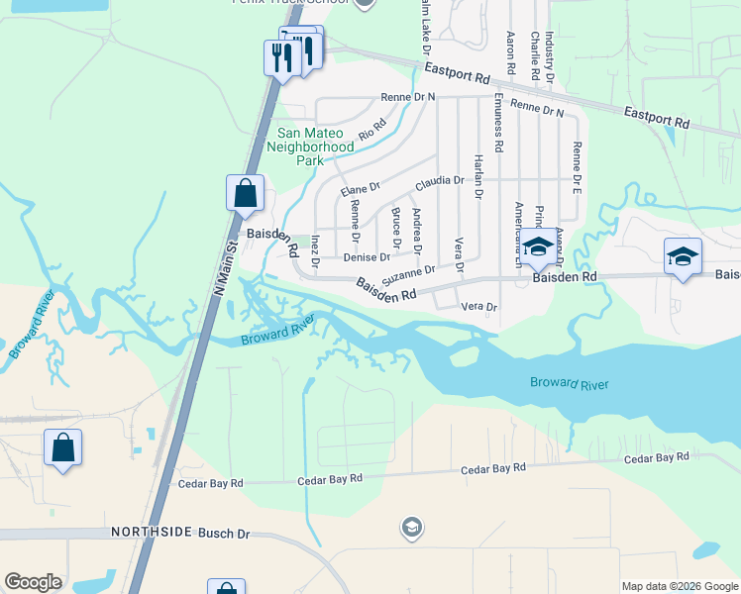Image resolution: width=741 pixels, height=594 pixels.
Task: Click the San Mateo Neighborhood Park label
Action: coord(310,147)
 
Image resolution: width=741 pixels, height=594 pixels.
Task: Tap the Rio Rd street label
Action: coord(372,130)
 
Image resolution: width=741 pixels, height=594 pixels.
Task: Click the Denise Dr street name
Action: coord(367,257)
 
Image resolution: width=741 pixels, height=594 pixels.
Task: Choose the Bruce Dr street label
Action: coord(396,229)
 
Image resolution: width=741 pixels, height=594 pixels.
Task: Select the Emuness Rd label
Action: coord(498,122)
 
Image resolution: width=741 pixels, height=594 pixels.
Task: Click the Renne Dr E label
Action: coord(575,166)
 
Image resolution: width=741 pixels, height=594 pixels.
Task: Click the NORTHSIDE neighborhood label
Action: coord(151,533)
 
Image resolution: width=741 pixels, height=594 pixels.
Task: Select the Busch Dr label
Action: coord(224,534)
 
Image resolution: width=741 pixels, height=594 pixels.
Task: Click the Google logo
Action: coord(33,582)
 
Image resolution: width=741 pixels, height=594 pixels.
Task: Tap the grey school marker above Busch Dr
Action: coord(412,528)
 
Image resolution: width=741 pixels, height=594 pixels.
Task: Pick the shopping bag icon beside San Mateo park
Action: coord(245,193)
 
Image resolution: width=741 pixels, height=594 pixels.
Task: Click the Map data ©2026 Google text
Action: coord(680,586)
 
